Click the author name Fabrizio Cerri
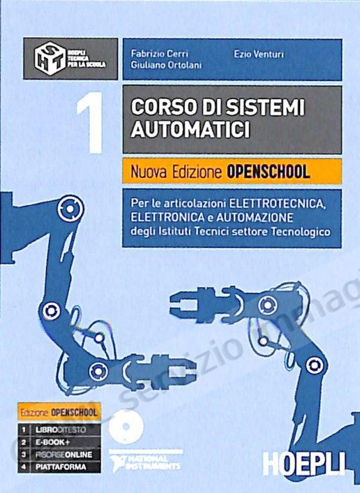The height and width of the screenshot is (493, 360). click(x=154, y=53)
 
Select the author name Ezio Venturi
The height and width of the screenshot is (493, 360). click(x=254, y=53)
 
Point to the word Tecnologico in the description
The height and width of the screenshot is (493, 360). click(x=298, y=230)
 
